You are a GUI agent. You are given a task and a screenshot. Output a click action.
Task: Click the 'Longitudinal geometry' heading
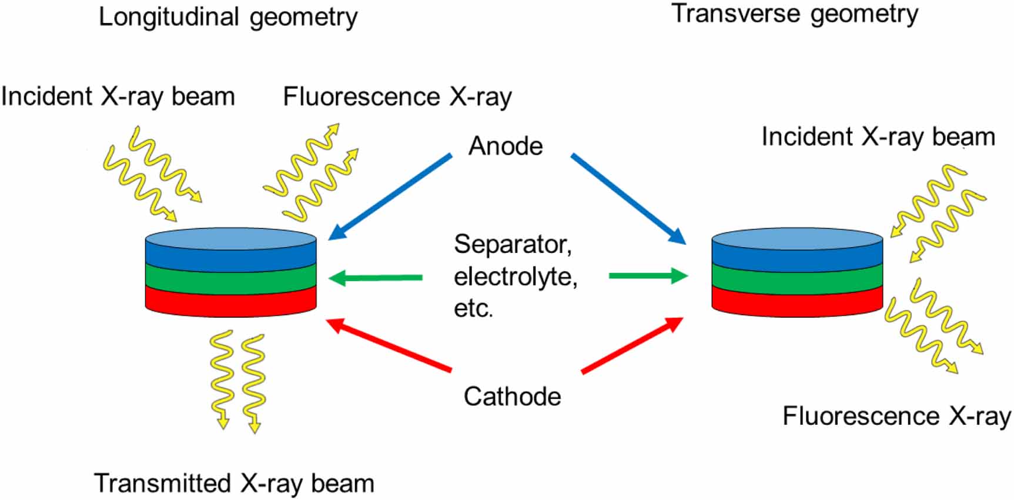tap(228, 17)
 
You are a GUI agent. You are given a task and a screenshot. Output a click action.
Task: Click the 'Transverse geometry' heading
tap(795, 14)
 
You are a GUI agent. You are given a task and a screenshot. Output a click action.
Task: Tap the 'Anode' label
tap(506, 146)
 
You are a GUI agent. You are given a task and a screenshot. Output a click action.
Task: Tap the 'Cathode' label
tap(512, 396)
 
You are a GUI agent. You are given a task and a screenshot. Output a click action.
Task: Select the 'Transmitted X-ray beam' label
tap(234, 484)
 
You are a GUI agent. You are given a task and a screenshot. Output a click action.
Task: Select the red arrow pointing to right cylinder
tap(632, 345)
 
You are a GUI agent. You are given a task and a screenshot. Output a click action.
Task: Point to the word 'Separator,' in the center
tap(513, 244)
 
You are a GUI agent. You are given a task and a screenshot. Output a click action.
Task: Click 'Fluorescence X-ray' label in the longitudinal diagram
tap(397, 97)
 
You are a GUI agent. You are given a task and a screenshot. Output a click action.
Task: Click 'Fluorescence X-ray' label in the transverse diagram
tap(896, 416)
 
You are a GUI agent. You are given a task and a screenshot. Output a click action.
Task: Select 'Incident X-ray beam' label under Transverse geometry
tap(878, 137)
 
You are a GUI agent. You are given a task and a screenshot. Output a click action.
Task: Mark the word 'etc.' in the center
tap(473, 308)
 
